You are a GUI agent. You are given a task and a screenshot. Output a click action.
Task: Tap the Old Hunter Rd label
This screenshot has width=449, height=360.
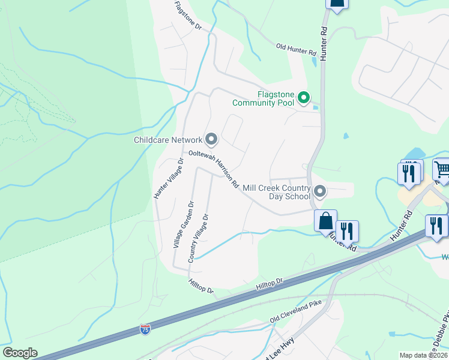click(x=296, y=49)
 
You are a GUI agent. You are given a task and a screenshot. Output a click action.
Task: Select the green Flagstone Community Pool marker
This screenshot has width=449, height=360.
click(x=304, y=97)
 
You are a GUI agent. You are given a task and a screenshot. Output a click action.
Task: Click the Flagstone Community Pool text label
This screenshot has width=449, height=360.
click(x=276, y=98)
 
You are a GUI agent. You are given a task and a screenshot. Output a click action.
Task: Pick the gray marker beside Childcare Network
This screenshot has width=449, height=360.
click(x=211, y=139)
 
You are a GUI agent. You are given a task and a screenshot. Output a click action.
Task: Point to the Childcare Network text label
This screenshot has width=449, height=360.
click(x=168, y=140)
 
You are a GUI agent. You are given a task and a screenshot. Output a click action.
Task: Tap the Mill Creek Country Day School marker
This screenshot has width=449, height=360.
click(x=320, y=192)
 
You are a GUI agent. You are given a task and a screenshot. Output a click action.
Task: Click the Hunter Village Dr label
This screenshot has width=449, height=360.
click(x=168, y=178)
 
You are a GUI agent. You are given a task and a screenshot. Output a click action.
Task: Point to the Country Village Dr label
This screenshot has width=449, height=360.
click(x=199, y=238)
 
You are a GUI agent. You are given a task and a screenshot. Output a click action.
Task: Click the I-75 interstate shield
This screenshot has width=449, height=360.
click(x=145, y=329)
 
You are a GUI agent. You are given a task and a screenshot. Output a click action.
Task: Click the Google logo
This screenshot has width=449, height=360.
click(x=20, y=353)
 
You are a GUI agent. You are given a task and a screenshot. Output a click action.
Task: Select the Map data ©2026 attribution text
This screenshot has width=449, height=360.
click(x=423, y=355)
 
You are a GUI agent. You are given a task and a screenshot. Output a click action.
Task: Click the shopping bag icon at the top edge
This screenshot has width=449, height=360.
click(x=337, y=3)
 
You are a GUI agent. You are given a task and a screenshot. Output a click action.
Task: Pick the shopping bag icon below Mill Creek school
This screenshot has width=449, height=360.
click(x=325, y=221)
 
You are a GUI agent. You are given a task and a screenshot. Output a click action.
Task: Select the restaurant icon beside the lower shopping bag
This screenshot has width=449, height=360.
click(x=346, y=230)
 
